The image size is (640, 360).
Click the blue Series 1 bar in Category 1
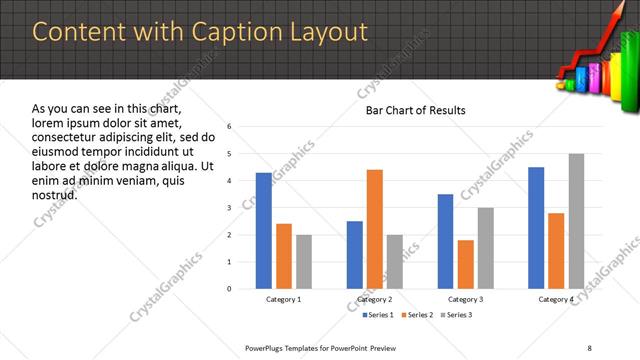pos(263,231)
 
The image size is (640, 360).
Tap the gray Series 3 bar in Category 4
pos(576,221)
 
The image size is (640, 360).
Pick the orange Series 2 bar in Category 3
pos(465,264)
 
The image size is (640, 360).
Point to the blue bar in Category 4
pos(536,228)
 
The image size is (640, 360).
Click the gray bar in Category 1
pos(303,262)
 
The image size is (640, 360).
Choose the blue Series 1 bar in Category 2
pos(354,255)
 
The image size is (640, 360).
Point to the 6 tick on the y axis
pos(229,127)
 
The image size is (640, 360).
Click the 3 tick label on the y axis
pos(229,208)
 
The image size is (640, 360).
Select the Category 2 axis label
pos(374,299)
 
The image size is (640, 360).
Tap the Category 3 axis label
pos(465,299)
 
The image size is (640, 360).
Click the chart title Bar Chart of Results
pos(414,109)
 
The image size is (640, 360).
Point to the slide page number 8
pos(589,347)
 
